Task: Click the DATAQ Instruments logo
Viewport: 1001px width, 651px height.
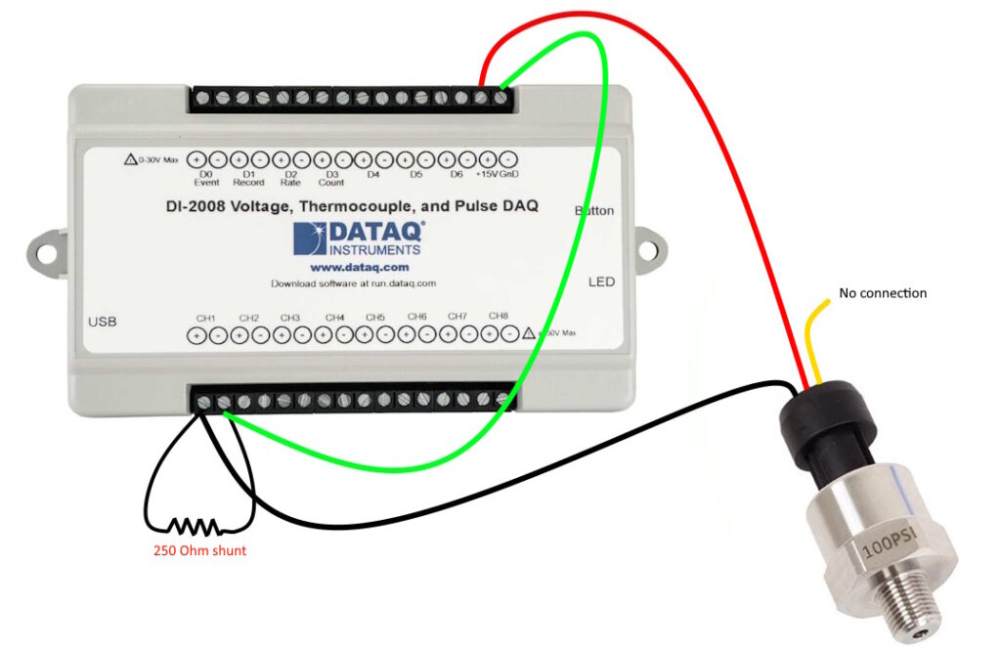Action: click(359, 239)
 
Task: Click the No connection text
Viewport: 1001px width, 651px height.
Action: click(883, 293)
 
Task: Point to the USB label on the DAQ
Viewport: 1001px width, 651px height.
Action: click(102, 322)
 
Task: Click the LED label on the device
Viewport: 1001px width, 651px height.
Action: click(601, 282)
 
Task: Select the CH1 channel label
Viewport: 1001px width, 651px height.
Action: click(205, 318)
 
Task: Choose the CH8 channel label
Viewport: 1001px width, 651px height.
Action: click(499, 317)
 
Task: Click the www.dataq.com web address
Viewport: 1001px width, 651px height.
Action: click(359, 267)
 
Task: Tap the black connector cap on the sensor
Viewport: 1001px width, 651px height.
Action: click(827, 421)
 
